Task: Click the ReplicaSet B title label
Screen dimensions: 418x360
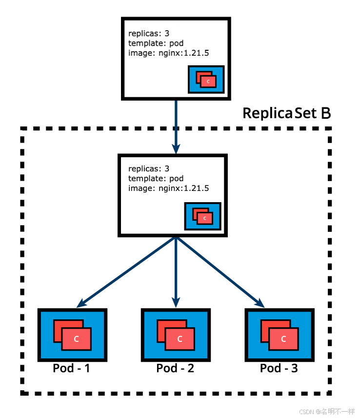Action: point(287,113)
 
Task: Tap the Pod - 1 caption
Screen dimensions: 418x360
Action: point(71,368)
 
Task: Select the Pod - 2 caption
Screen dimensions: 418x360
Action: point(175,368)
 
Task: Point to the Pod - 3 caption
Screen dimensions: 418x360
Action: point(279,368)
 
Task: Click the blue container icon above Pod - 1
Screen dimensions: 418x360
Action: point(72,334)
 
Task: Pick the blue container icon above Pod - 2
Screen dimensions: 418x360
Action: point(176,334)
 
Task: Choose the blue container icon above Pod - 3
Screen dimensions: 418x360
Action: point(279,334)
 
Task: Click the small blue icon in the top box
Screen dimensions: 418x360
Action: point(206,79)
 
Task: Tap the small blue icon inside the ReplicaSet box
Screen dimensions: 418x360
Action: point(202,216)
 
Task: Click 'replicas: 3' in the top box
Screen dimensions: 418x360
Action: point(149,34)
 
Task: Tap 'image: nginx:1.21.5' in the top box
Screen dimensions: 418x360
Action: point(168,53)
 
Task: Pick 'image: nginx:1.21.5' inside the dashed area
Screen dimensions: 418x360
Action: point(168,188)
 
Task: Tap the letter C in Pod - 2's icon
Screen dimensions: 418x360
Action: point(180,339)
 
